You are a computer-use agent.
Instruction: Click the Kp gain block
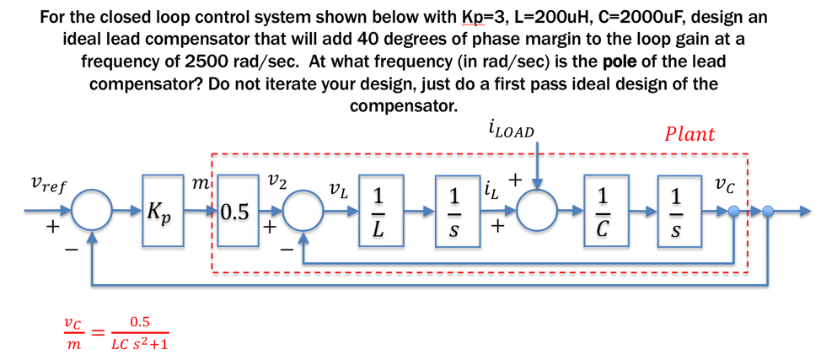(163, 211)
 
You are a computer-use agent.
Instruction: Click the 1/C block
(604, 211)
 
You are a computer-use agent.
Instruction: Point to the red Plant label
(689, 134)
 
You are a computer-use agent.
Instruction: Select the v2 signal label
(276, 180)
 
